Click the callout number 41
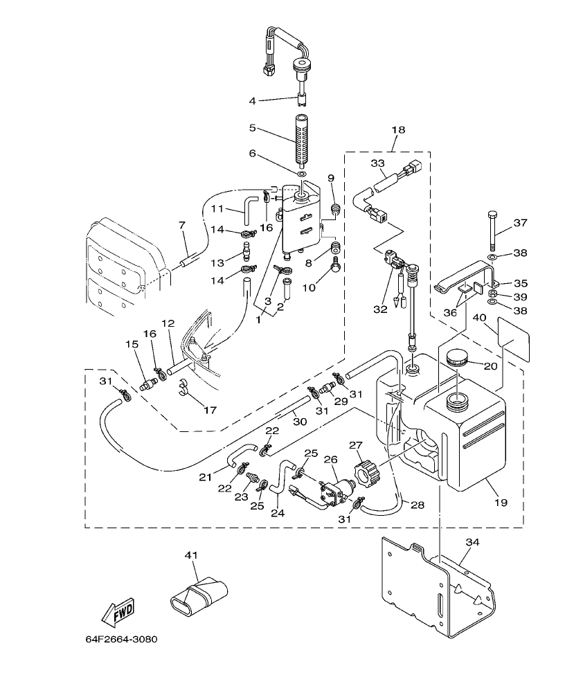[191, 555]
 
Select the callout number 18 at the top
[398, 129]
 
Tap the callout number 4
[253, 101]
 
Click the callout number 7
[182, 225]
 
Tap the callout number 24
[278, 513]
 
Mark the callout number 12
[167, 323]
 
